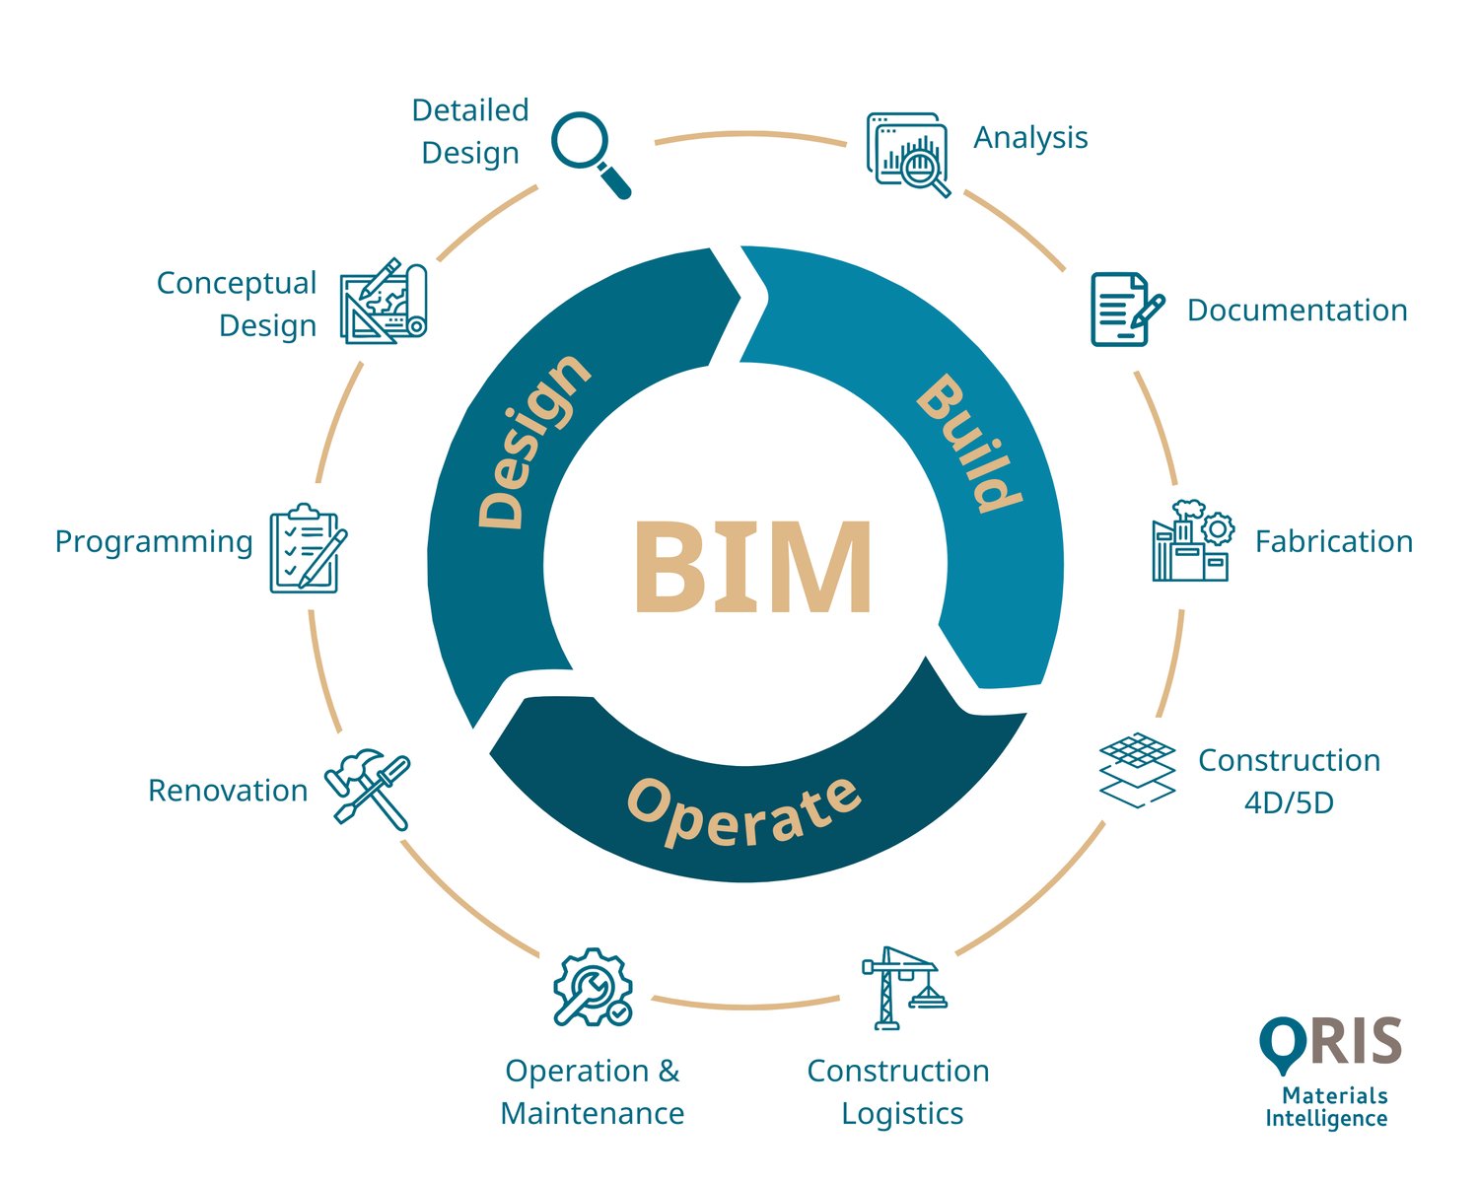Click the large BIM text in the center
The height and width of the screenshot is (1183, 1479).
coord(751,567)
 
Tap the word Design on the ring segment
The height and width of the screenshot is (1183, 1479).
coord(532,441)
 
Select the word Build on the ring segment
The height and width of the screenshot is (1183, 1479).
coord(966,444)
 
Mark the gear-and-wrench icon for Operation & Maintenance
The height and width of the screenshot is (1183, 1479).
coord(592,988)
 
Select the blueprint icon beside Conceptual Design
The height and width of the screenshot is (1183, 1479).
coord(384,302)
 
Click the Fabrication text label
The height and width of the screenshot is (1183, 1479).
coord(1333,541)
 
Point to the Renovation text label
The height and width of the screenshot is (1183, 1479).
coord(228,791)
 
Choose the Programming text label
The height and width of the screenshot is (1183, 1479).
coord(154,541)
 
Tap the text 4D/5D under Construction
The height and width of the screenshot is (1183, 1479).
coord(1289,802)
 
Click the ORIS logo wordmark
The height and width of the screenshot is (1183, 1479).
coord(1331,1043)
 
